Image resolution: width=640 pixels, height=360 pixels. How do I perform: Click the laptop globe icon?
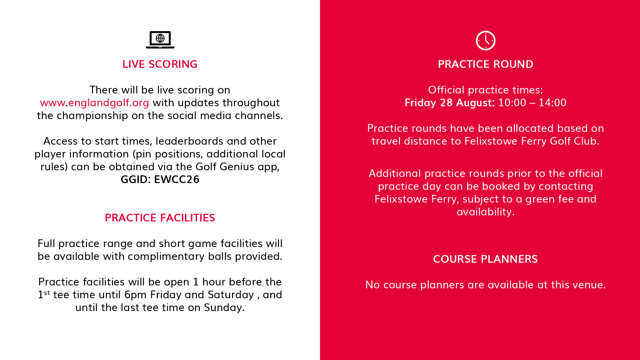[x=160, y=40]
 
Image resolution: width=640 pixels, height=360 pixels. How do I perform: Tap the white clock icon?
[x=485, y=41]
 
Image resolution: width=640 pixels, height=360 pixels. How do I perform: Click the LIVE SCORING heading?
[x=160, y=64]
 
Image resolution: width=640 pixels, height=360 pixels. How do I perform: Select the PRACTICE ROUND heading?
[x=485, y=64]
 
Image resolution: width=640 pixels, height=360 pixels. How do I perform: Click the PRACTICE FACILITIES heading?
[x=160, y=218]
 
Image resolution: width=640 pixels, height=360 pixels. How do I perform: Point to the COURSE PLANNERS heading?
[x=485, y=259]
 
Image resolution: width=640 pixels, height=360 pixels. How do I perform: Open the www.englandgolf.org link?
[x=94, y=103]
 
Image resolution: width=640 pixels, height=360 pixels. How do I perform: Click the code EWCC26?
[x=177, y=180]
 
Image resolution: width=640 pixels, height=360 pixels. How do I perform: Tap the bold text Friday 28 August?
[x=450, y=103]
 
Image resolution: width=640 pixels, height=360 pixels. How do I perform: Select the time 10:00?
[x=512, y=103]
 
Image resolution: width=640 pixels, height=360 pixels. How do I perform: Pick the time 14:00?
[x=553, y=103]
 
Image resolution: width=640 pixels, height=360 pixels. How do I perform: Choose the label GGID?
[x=136, y=180]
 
